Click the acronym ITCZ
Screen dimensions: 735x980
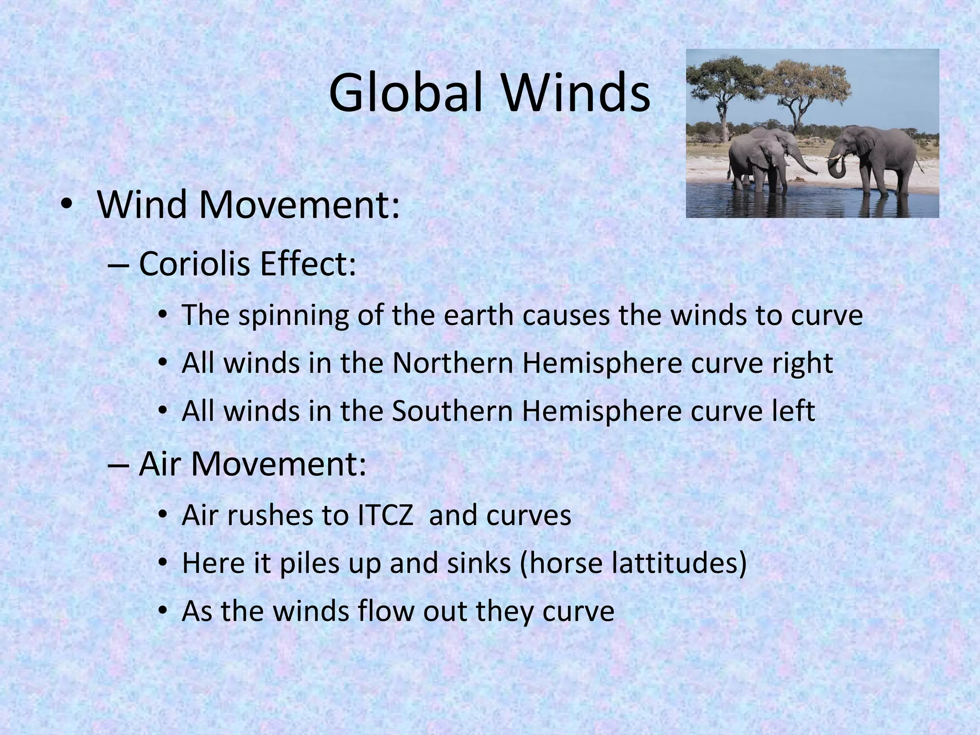pos(385,515)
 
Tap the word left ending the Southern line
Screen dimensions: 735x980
pos(793,411)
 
